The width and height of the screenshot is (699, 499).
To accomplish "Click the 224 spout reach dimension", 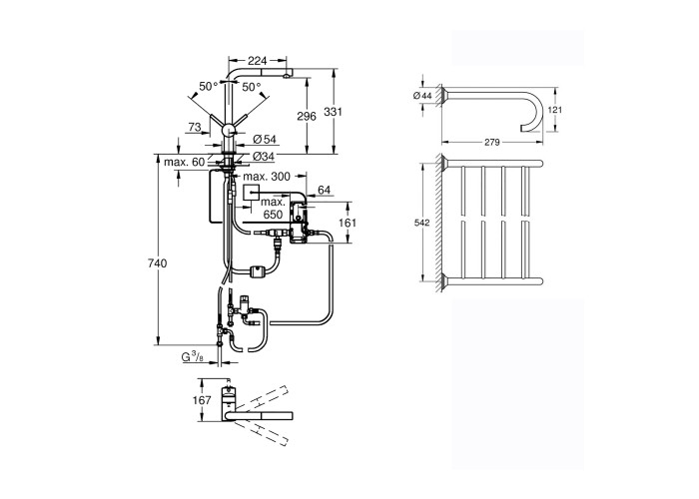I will pyautogui.click(x=257, y=60).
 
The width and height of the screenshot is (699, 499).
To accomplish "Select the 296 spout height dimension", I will pyautogui.click(x=307, y=116).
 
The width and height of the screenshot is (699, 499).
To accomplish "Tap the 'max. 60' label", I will pyautogui.click(x=184, y=162).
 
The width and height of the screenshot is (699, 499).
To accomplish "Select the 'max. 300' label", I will pyautogui.click(x=267, y=176).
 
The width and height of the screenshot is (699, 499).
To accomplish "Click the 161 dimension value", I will pyautogui.click(x=346, y=224).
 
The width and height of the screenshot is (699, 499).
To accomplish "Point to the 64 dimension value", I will pyautogui.click(x=324, y=190).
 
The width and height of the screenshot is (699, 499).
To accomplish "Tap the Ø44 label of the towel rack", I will pyautogui.click(x=419, y=95).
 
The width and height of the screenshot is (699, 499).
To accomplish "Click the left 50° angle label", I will pyautogui.click(x=207, y=87).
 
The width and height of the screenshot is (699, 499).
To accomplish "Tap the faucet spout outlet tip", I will pyautogui.click(x=289, y=76).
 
